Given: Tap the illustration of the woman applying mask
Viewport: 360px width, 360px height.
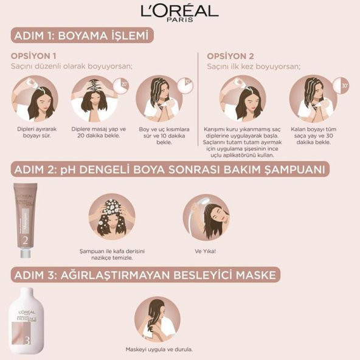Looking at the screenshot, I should point(158,318).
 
